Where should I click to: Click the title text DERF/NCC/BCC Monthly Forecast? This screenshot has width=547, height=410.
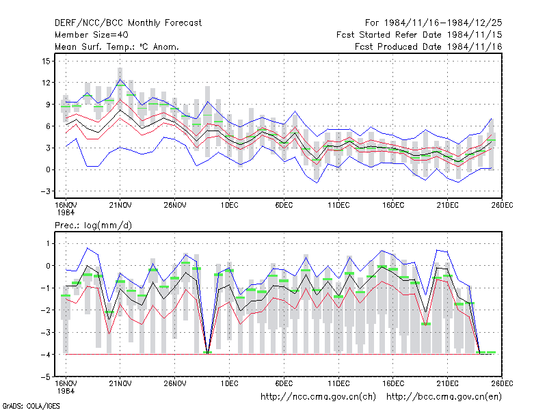point(128,23)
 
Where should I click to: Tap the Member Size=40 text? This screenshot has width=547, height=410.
point(92,35)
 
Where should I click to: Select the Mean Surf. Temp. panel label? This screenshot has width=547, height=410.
point(116,46)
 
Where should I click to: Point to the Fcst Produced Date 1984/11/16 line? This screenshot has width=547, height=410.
point(429,46)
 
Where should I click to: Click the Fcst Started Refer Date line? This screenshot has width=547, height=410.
point(419,35)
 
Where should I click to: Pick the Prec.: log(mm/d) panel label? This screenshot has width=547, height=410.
point(93,225)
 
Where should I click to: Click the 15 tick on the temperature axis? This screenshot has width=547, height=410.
point(46,61)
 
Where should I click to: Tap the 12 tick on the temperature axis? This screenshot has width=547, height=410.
point(46,83)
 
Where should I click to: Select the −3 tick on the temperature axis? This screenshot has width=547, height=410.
point(45,191)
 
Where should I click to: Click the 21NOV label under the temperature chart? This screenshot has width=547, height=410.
point(120,206)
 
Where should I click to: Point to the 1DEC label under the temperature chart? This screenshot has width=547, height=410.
point(229,206)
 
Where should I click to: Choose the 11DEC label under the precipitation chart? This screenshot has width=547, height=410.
point(338,384)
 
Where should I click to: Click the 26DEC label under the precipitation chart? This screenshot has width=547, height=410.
point(502,384)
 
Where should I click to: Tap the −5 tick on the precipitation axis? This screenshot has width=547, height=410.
point(45,377)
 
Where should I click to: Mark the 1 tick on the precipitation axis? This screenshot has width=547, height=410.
point(48,244)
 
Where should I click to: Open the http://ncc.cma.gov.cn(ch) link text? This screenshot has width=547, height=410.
point(318,397)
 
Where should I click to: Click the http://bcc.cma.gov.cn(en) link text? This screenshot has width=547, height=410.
point(444,397)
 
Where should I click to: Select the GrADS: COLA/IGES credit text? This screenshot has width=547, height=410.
point(31,406)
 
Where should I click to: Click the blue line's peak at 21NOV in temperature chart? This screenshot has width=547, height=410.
point(120,79)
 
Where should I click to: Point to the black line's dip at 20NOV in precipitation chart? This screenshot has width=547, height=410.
point(109,319)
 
